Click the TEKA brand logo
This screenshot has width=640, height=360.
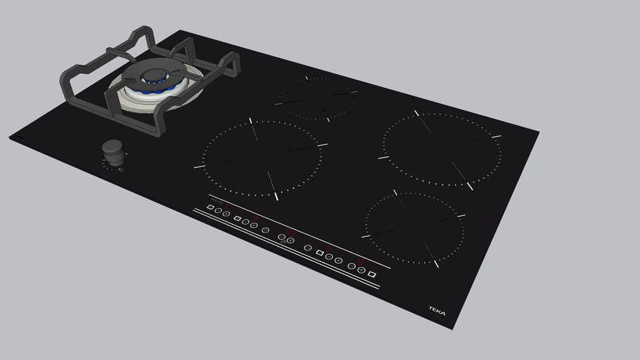[437, 310]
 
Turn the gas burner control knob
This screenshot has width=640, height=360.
[113, 150]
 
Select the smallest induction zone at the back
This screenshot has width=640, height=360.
[315, 98]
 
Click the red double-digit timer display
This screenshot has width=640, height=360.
[289, 232]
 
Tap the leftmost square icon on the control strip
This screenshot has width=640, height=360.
[210, 207]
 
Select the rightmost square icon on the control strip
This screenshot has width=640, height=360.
[372, 275]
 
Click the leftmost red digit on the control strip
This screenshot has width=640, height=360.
[227, 205]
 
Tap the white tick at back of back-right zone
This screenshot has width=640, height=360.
[416, 112]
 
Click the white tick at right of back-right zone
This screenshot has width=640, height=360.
[497, 136]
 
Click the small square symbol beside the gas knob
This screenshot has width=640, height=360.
[121, 169]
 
